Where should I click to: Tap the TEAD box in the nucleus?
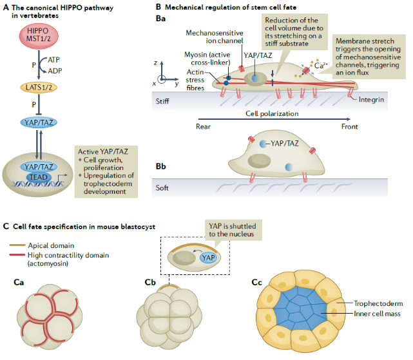coord(39,178)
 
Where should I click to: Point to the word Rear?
coord(204,126)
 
